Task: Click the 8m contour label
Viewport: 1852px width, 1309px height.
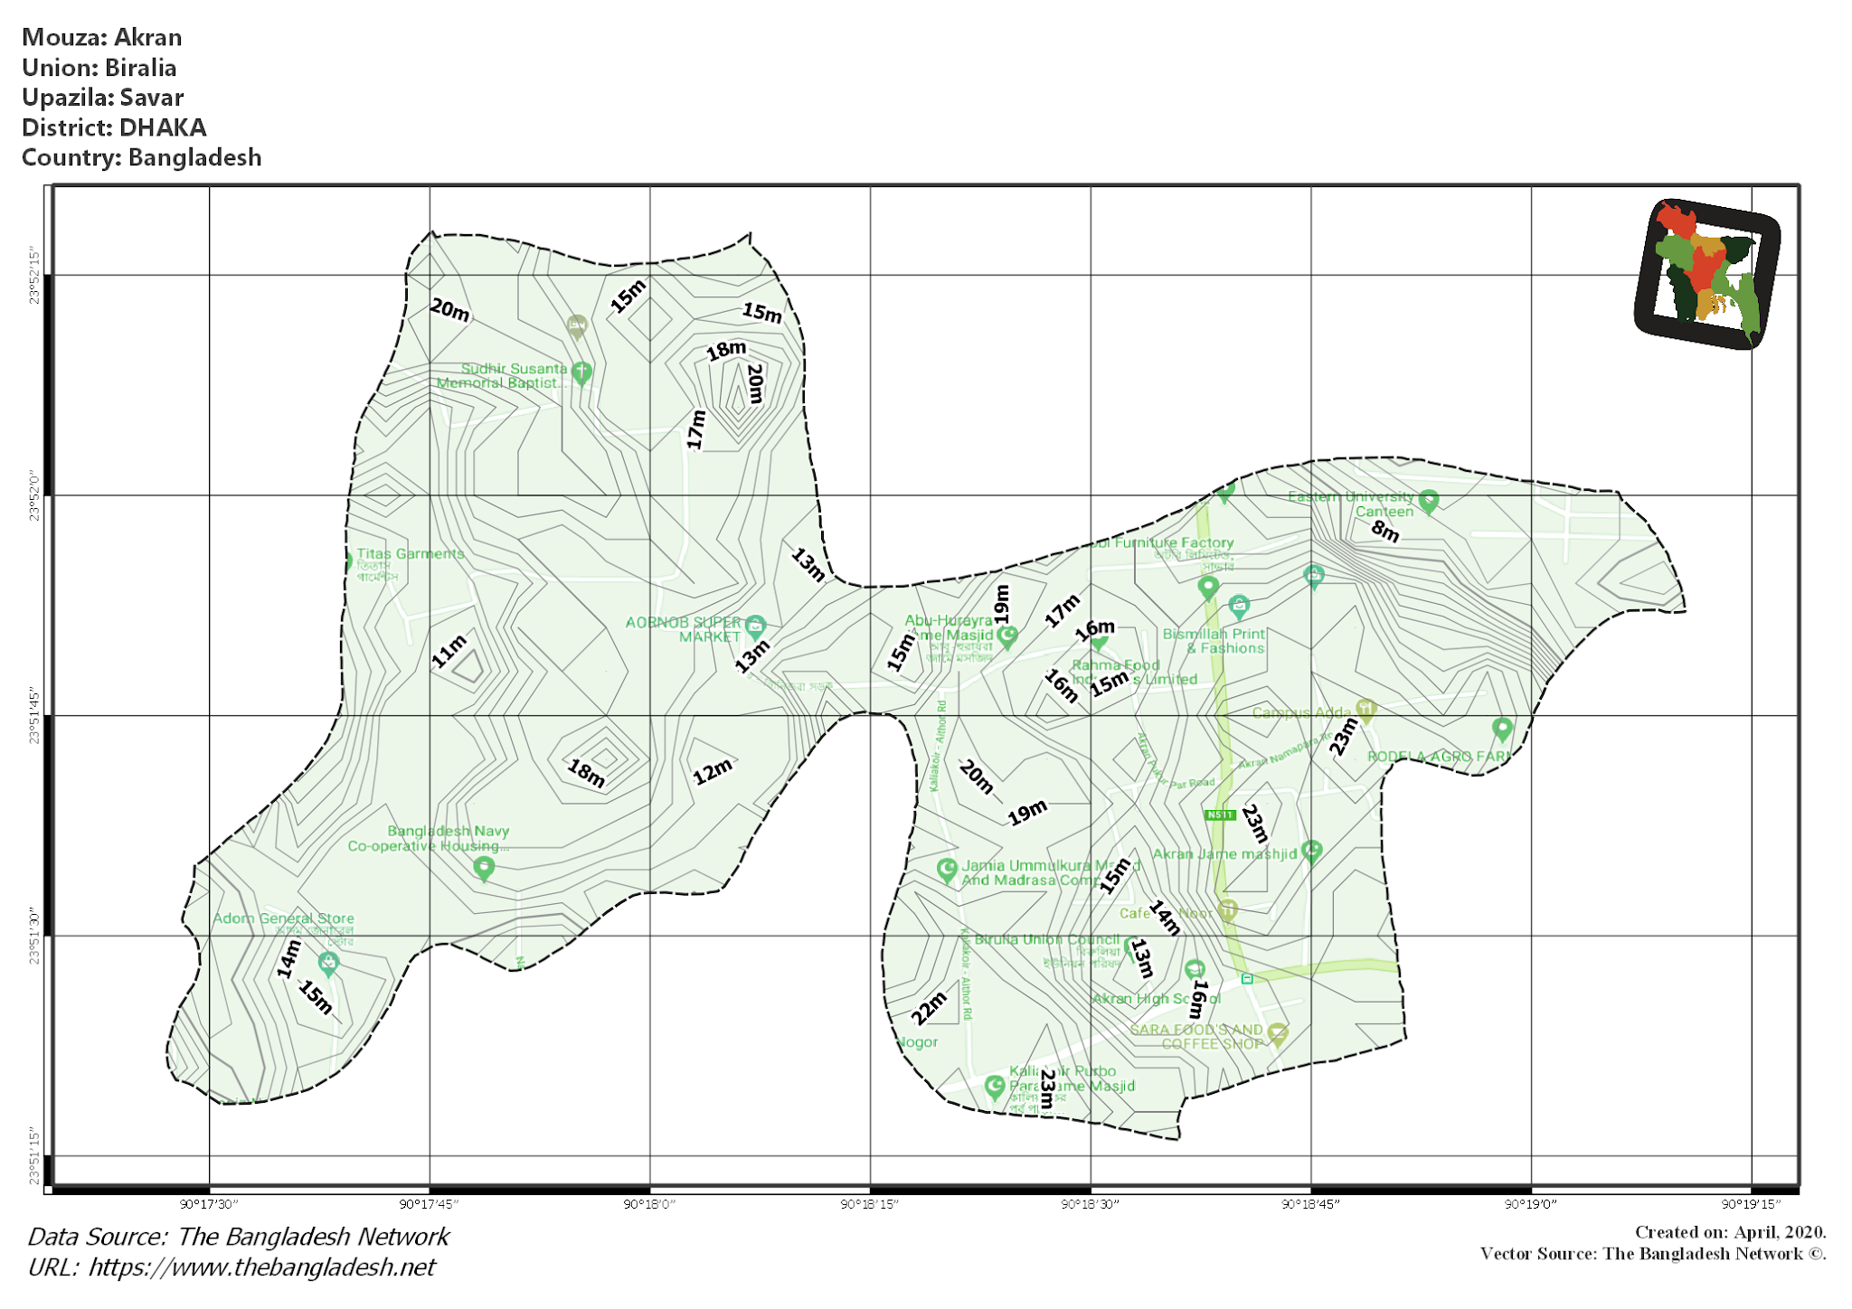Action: click(1384, 531)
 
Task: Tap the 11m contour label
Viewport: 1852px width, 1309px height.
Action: click(449, 651)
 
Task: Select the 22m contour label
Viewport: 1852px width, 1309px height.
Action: click(928, 1008)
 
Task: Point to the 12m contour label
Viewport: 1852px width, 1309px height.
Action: click(713, 771)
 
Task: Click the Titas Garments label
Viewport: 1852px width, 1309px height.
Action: click(410, 553)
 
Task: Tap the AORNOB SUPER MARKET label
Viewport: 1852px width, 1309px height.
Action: click(685, 629)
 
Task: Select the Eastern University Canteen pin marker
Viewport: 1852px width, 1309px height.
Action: click(1429, 501)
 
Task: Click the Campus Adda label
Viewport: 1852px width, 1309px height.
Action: click(1300, 712)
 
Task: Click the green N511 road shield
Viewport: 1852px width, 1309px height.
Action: click(1220, 815)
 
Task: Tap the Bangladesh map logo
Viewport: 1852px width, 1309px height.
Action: click(1707, 273)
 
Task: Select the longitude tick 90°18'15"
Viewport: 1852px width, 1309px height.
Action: click(870, 1204)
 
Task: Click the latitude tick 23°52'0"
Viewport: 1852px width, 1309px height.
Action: click(34, 495)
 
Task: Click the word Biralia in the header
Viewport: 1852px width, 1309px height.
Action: click(140, 68)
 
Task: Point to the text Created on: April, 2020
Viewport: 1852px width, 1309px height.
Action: click(1730, 1232)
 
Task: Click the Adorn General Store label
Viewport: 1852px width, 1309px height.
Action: click(283, 918)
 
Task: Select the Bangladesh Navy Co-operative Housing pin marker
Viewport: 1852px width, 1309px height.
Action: click(484, 869)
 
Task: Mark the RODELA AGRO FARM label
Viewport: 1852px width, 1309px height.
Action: click(1438, 757)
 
